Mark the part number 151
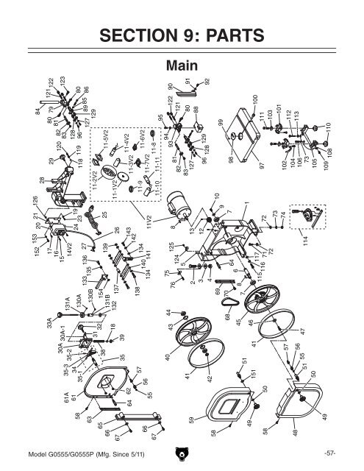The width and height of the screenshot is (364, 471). coord(252,375)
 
